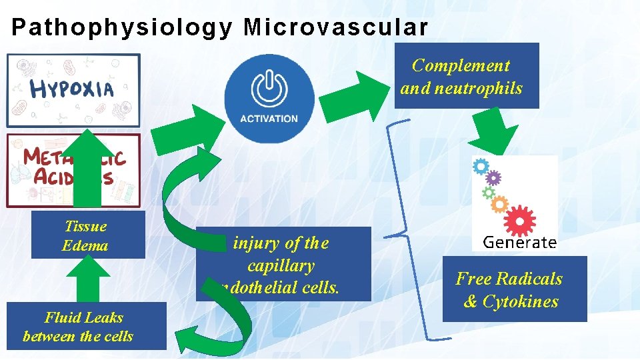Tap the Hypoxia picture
pyautogui.click(x=73, y=90)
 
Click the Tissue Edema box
pyautogui.click(x=87, y=235)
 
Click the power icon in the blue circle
pyautogui.click(x=269, y=89)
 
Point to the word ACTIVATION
pyautogui.click(x=269, y=119)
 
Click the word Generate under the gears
pyautogui.click(x=519, y=241)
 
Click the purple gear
pyautogui.click(x=493, y=178)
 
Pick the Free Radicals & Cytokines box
pyautogui.click(x=514, y=290)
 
